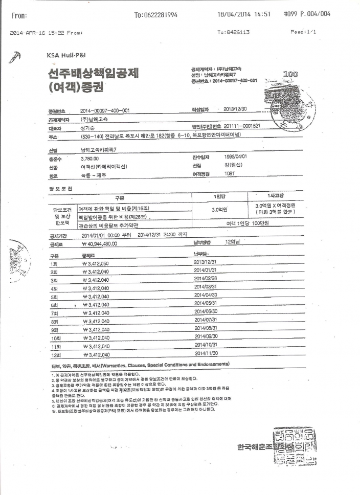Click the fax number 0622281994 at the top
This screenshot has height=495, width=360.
point(155,15)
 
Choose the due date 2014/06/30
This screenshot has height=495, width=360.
point(206,311)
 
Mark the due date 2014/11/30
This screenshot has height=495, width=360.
point(206,353)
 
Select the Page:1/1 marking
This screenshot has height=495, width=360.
point(303,32)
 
